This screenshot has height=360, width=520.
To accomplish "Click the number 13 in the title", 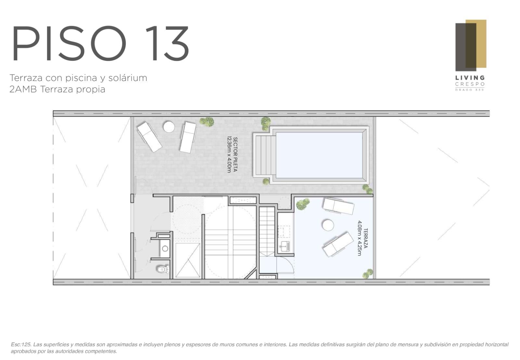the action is pyautogui.click(x=167, y=43).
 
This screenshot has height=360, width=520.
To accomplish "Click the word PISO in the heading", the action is pyautogui.click(x=69, y=43).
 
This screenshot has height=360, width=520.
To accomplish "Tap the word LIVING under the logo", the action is pyautogui.click(x=470, y=78).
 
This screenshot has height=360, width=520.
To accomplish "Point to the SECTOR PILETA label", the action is pyautogui.click(x=235, y=154).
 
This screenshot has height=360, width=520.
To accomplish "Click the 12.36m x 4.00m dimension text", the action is pyautogui.click(x=229, y=154).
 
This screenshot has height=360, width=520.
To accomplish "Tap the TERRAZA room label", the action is pyautogui.click(x=365, y=238).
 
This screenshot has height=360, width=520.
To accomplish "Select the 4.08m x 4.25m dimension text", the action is pyautogui.click(x=359, y=238).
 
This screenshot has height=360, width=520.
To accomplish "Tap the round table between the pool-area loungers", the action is pyautogui.click(x=169, y=127).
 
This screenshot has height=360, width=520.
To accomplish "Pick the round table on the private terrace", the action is pyautogui.click(x=328, y=225).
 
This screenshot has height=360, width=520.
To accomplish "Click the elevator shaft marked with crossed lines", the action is pyautogui.click(x=188, y=260).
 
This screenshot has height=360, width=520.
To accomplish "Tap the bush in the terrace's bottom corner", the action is pyautogui.click(x=368, y=273).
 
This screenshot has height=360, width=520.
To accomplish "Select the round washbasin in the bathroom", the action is pyautogui.click(x=165, y=248).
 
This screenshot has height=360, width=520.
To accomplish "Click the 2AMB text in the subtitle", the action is pyautogui.click(x=23, y=89).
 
